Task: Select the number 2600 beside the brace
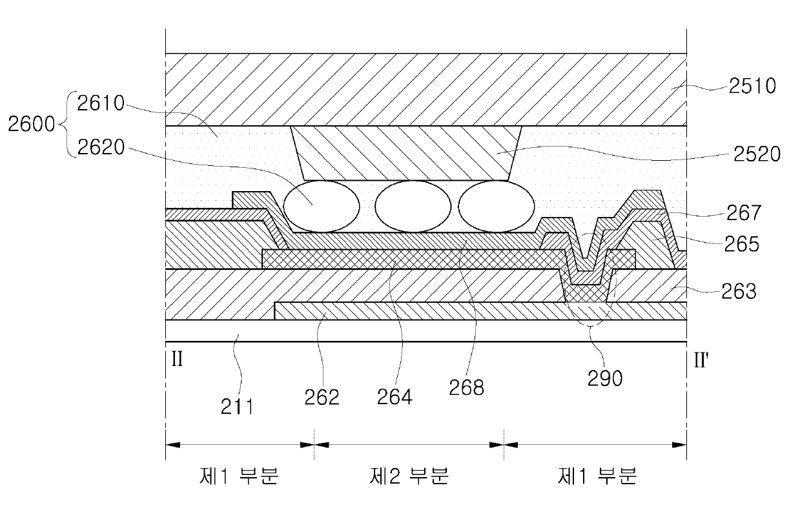[x=32, y=123]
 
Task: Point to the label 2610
[x=101, y=103]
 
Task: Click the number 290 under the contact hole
[x=605, y=378]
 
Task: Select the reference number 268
[x=469, y=388]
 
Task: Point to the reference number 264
[x=395, y=396]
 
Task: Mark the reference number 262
[x=322, y=397]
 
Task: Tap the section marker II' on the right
[x=702, y=360]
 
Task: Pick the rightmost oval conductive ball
[x=497, y=207]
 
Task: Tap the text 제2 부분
[x=409, y=476]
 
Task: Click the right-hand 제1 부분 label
[x=597, y=476]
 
